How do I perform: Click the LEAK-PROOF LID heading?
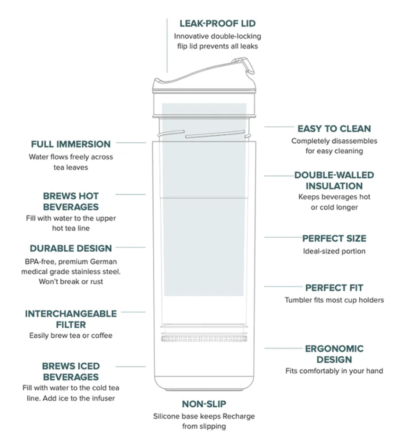coord(217,24)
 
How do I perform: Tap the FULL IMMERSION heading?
coord(71,144)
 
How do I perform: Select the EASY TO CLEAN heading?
coord(334,129)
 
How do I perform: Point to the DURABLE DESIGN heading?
coord(71,248)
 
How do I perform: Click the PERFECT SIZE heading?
coord(334,239)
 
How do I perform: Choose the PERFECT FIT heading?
coord(334,288)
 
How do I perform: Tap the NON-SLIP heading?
coord(204,404)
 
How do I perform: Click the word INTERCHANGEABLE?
coord(71,314)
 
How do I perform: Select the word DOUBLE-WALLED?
coord(334,175)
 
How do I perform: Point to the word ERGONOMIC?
coord(334,349)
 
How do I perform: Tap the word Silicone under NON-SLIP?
coord(167,416)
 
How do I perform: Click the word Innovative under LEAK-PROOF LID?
coord(191,36)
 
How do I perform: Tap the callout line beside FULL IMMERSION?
coord(131,142)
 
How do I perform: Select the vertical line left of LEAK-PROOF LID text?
coord(167,45)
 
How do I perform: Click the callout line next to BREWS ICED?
coord(130,366)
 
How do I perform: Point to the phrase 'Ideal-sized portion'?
coord(334,251)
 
